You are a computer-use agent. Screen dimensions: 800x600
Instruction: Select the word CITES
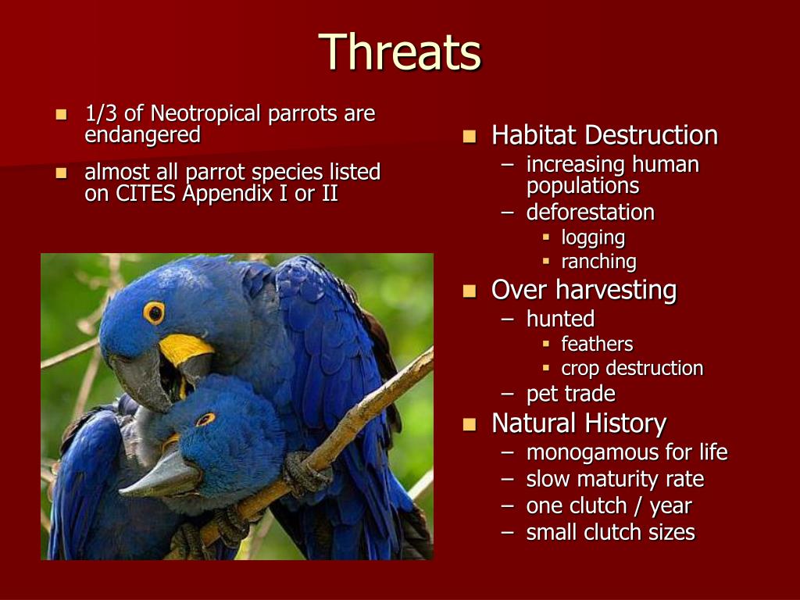[x=145, y=194]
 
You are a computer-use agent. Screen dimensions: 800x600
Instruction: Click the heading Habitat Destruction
[x=605, y=135]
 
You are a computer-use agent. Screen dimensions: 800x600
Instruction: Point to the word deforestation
[x=591, y=212]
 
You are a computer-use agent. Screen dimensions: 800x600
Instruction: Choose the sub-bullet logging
[x=593, y=237]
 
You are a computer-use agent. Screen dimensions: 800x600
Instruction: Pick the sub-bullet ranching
[x=598, y=262]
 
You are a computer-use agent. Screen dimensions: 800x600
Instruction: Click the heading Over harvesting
[x=584, y=290]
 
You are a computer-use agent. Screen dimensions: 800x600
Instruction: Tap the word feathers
[x=597, y=344]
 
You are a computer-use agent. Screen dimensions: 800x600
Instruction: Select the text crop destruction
[x=632, y=369]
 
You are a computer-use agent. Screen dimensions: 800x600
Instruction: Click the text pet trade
[x=571, y=394]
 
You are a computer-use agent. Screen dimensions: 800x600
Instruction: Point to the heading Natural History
[x=579, y=424]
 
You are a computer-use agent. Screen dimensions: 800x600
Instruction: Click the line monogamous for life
[x=627, y=452]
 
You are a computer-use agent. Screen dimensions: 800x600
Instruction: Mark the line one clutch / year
[x=609, y=506]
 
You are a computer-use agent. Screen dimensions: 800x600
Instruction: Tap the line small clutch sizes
[x=611, y=532]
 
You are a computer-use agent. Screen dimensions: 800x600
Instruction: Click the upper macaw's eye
[x=154, y=312]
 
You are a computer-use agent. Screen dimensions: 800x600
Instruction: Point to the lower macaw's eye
[x=205, y=420]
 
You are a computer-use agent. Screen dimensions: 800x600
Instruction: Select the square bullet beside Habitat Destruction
[x=470, y=137]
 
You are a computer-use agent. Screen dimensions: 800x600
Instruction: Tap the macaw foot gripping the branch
[x=306, y=473]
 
